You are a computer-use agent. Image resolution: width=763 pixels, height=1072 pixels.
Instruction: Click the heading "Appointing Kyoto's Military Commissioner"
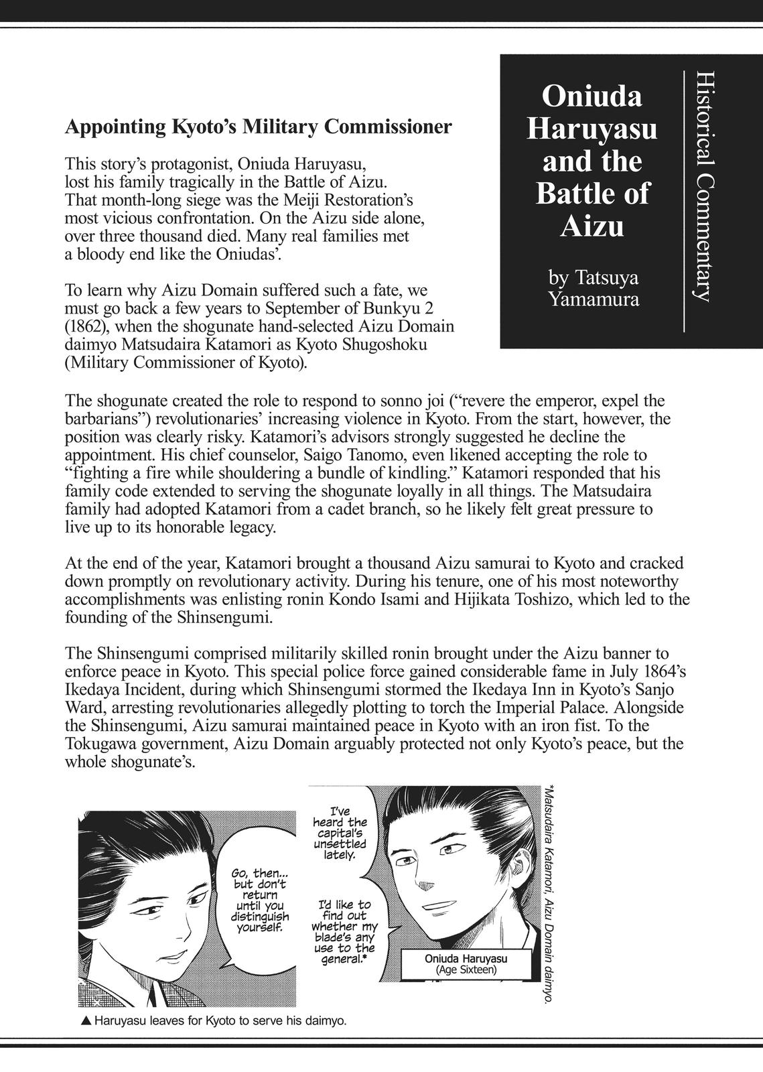258,127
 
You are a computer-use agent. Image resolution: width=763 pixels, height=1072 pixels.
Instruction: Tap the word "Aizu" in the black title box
592,226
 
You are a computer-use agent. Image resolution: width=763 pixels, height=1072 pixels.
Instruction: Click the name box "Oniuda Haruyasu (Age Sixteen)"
466,963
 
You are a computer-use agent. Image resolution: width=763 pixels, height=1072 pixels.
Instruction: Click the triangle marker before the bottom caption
85,1022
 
